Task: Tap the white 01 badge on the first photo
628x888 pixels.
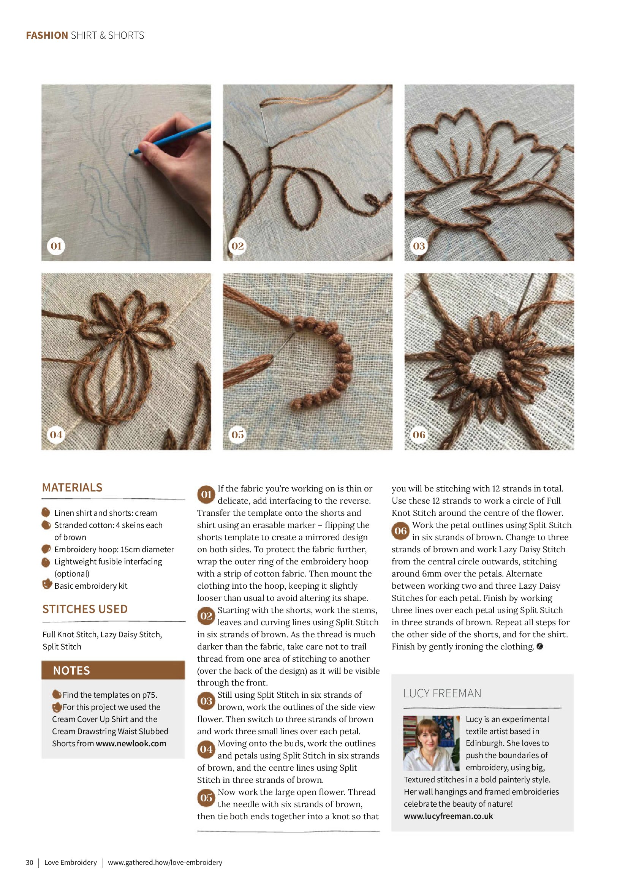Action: click(x=56, y=246)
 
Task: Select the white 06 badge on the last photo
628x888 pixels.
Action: click(x=419, y=435)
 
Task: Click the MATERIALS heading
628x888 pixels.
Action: click(x=72, y=487)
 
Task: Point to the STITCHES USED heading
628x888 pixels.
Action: click(x=85, y=609)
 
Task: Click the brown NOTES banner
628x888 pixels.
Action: click(x=113, y=670)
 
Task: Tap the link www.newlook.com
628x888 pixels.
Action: click(x=131, y=743)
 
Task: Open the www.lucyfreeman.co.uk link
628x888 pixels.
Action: click(x=448, y=816)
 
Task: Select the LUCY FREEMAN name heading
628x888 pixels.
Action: click(x=442, y=694)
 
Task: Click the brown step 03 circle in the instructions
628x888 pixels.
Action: click(x=206, y=701)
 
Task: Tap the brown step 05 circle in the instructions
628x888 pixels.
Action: click(x=206, y=798)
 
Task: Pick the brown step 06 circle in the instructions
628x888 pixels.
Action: click(x=400, y=531)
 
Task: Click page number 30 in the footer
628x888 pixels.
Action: click(x=30, y=863)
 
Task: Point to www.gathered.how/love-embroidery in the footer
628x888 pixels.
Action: click(x=165, y=863)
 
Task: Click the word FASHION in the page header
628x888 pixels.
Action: click(x=47, y=35)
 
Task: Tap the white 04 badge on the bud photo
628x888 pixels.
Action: click(x=56, y=435)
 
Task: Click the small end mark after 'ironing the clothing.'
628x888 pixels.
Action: click(x=540, y=646)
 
